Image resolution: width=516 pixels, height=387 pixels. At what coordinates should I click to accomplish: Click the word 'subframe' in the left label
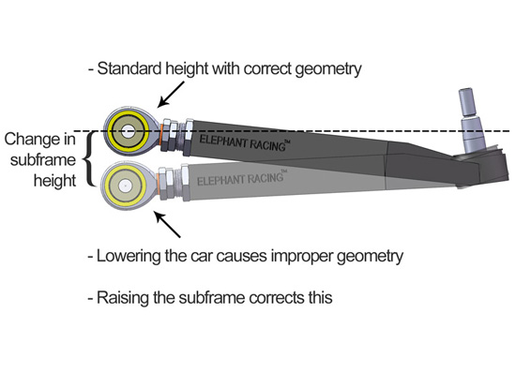click(43, 160)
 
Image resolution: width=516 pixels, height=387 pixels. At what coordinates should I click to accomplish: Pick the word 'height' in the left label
click(55, 182)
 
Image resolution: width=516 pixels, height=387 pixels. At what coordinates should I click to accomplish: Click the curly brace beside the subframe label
click(88, 159)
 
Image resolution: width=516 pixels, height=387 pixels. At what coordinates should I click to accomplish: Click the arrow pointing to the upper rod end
click(171, 95)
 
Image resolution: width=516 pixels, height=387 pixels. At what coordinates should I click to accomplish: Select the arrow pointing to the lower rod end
click(168, 225)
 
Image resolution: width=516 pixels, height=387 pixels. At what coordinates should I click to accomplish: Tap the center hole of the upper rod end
click(128, 132)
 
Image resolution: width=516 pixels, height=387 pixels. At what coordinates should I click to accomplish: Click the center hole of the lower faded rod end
click(125, 186)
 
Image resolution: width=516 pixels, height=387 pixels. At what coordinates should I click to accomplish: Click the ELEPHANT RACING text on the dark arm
click(245, 143)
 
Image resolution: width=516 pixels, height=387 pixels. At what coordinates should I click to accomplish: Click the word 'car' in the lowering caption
click(202, 257)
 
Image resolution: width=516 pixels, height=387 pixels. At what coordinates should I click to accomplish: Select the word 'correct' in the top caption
click(267, 69)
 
